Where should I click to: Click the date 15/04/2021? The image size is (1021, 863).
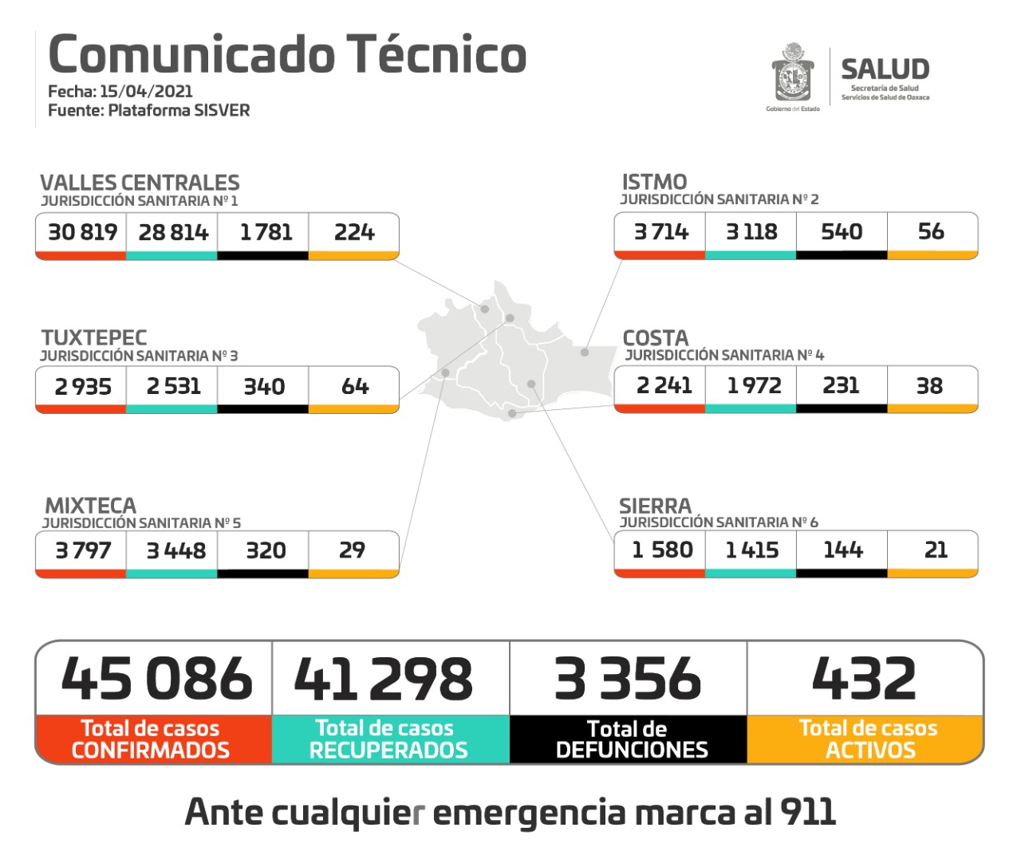146,91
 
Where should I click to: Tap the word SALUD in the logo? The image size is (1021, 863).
885,69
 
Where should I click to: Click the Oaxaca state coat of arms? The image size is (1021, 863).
792,74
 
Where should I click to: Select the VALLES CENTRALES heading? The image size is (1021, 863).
140,183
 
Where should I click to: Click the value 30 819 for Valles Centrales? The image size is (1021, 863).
82,232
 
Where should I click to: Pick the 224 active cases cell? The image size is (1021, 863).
353,232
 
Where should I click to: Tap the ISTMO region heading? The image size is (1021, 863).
654,182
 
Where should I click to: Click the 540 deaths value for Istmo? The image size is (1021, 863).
842,231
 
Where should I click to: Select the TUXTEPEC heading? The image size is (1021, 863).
94,337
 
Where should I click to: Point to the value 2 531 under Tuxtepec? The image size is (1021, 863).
173,386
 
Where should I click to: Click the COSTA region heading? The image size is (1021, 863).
655,337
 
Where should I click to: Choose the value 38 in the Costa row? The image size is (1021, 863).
929,385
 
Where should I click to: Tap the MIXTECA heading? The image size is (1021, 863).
90,506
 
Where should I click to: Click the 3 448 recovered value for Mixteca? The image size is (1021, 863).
175,550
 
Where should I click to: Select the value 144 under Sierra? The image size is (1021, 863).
842,550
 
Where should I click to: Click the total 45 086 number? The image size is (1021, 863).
156,679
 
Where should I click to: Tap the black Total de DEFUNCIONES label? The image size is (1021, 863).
630,739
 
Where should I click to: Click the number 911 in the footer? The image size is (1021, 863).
807,812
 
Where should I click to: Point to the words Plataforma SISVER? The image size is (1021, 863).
179,110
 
